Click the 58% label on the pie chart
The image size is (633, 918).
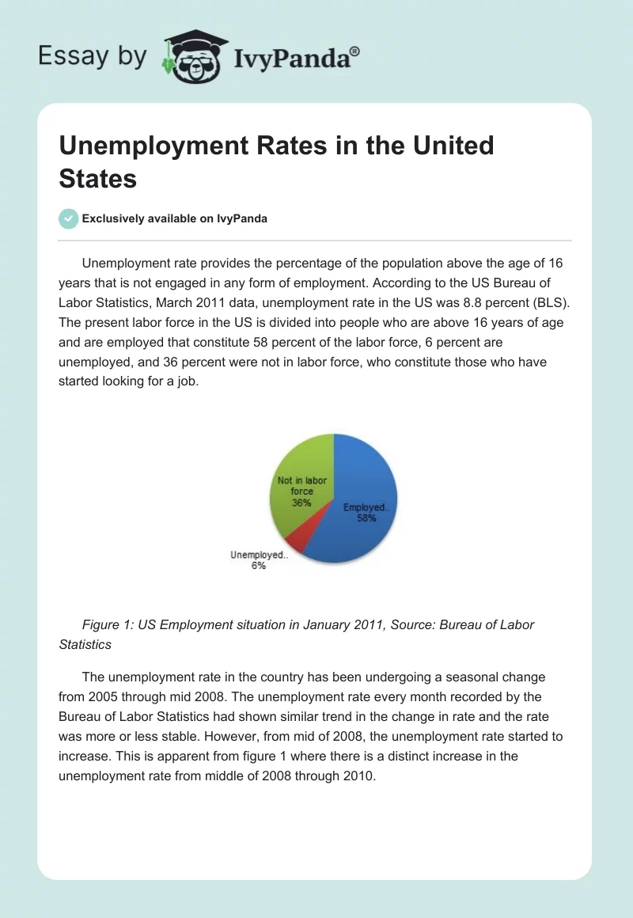pos(365,518)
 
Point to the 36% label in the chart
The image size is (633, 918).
pos(301,503)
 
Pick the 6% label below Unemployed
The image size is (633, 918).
pos(259,566)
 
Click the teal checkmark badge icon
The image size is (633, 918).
pos(69,218)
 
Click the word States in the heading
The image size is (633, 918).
pos(98,178)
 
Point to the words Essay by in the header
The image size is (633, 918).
pos(93,56)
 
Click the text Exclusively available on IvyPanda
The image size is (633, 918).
pos(175,219)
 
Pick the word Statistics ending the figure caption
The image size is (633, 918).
pos(85,644)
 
